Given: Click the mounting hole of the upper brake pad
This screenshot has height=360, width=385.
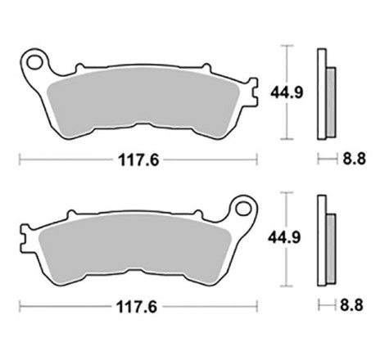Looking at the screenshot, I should click(x=34, y=61).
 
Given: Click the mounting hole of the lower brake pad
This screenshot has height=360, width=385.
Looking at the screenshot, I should click(x=242, y=206).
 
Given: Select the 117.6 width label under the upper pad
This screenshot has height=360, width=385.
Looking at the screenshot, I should click(x=136, y=160).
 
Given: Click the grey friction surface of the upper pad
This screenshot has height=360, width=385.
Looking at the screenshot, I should click(x=139, y=98).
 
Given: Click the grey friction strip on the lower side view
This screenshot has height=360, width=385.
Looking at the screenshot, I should click(x=331, y=245).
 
